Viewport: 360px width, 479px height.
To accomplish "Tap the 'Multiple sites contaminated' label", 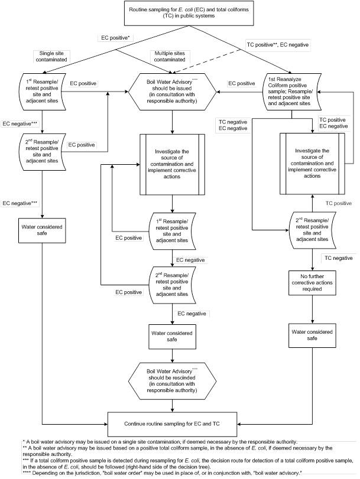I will pyautogui.click(x=172, y=56).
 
